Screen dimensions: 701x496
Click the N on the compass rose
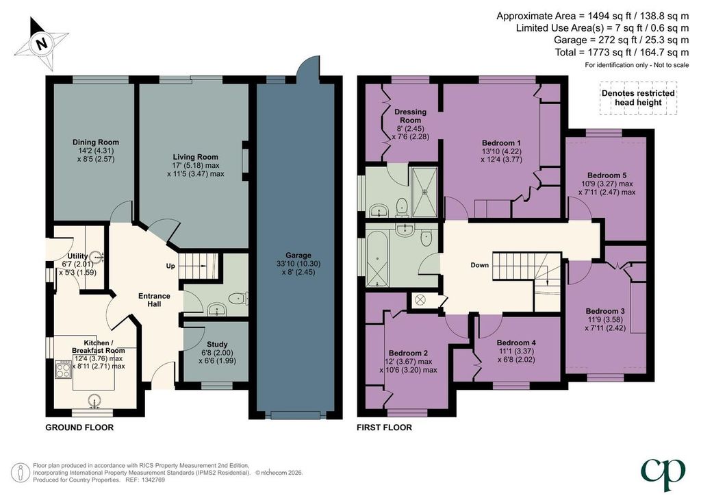(x=42, y=44)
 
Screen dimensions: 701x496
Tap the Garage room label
(x=298, y=256)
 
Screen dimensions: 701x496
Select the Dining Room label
(x=96, y=142)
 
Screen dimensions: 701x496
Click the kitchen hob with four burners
(x=62, y=369)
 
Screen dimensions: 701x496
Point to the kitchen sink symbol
(x=94, y=401)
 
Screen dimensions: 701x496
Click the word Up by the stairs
(x=170, y=266)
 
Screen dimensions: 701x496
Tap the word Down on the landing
(x=480, y=265)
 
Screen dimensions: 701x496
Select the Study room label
(x=217, y=345)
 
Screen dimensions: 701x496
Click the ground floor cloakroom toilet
(x=238, y=298)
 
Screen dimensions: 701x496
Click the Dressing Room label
(x=411, y=116)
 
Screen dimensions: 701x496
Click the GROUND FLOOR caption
(x=79, y=427)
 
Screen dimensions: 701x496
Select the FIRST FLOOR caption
(x=384, y=427)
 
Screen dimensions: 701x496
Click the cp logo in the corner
(x=663, y=474)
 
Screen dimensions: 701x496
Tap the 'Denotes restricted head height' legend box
(x=638, y=98)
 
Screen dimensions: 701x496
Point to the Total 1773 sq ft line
(x=622, y=52)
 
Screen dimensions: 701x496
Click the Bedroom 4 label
(x=516, y=343)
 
